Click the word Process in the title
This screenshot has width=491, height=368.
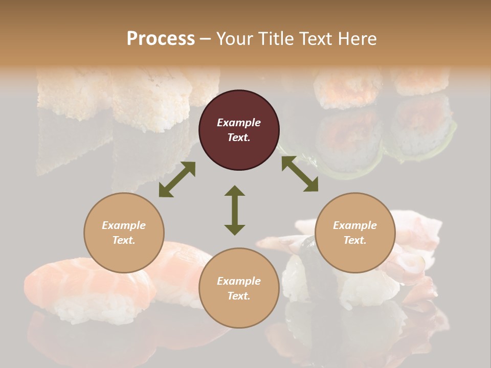tap(161, 39)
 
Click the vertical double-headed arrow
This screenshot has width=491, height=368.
tap(235, 210)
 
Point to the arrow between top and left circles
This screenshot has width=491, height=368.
tap(177, 179)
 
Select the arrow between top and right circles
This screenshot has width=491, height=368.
tap(300, 174)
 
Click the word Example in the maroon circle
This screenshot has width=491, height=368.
tap(239, 123)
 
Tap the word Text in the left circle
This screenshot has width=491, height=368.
tap(124, 240)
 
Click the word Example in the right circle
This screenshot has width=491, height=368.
tap(355, 225)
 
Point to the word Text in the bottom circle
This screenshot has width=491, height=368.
tap(239, 296)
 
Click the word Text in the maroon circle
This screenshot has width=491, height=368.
tap(239, 137)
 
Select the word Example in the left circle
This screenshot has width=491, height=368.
tap(124, 225)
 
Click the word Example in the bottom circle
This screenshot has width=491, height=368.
tap(239, 281)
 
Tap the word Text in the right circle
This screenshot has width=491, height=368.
tap(355, 240)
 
